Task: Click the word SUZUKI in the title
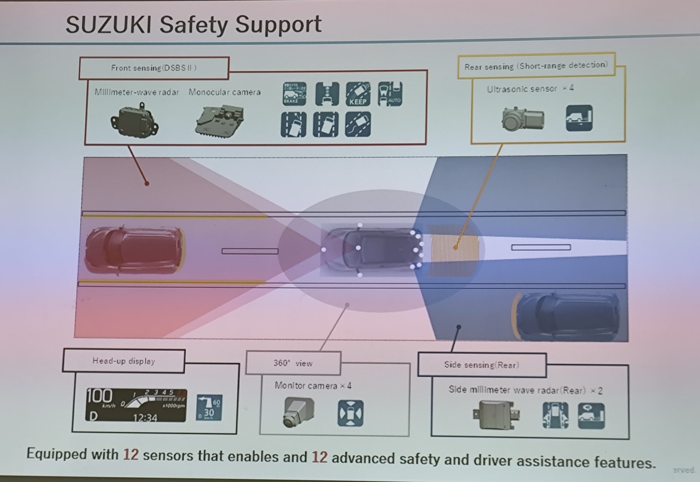pos(108,25)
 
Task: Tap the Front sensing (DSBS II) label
pos(154,68)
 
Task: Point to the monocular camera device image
pos(220,121)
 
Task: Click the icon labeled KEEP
pos(358,94)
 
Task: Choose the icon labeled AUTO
pos(390,94)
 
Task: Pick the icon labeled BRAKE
pos(294,94)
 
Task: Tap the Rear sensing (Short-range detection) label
pos(536,66)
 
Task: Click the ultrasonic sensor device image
pos(523,119)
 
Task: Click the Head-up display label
pos(124,361)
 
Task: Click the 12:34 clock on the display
pos(145,418)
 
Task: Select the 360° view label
pos(293,363)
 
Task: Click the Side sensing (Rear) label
pos(482,365)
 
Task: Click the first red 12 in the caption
pos(131,454)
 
